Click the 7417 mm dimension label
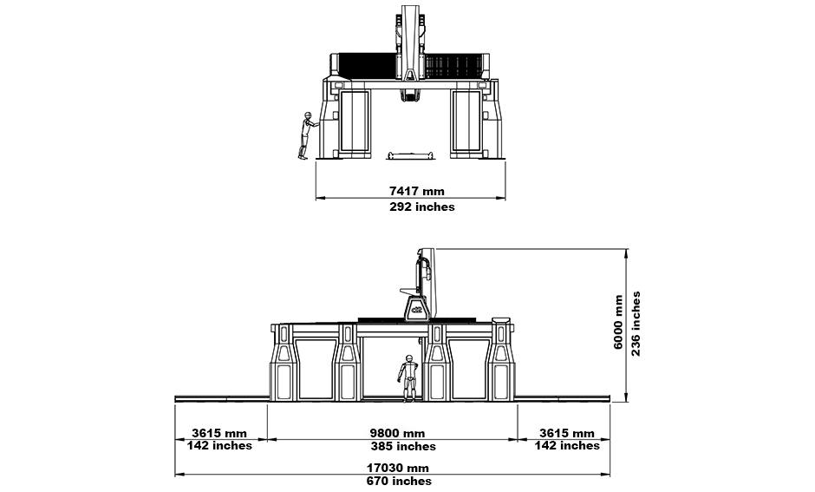(417, 191)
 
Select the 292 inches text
(422, 207)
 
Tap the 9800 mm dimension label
(397, 433)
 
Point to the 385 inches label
(403, 447)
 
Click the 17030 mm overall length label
(398, 468)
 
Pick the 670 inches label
(399, 481)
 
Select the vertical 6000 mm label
(618, 322)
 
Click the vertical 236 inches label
(636, 324)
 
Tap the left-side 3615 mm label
(218, 433)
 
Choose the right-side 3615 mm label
(566, 433)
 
